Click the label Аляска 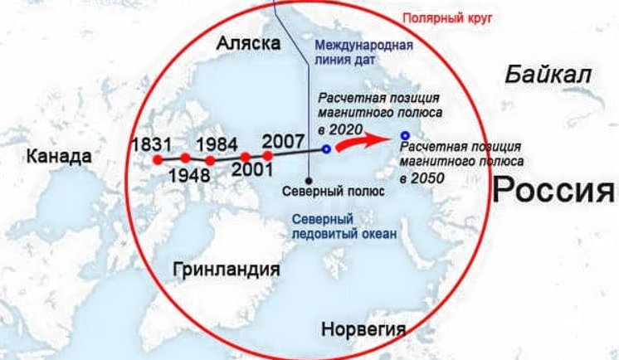click(x=247, y=44)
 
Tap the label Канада click(x=57, y=156)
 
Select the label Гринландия click(x=226, y=270)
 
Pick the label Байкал click(x=548, y=75)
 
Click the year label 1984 click(x=218, y=143)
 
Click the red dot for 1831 click(x=157, y=159)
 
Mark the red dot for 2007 click(x=268, y=155)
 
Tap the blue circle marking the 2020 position click(x=327, y=149)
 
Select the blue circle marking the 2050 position click(x=404, y=135)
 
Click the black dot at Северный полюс click(x=309, y=178)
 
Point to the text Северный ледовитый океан click(x=344, y=226)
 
